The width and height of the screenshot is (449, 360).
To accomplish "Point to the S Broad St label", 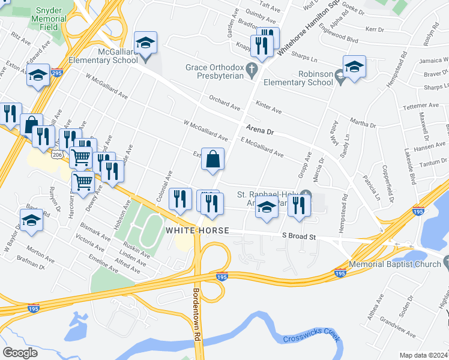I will pos(299,237).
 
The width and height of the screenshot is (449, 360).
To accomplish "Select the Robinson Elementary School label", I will pos(299,78).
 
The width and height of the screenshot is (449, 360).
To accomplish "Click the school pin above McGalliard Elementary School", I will pos(145,44).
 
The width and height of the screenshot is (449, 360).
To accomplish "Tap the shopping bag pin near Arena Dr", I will pos(212,160).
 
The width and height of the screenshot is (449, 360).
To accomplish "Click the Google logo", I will pos(20,353).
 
